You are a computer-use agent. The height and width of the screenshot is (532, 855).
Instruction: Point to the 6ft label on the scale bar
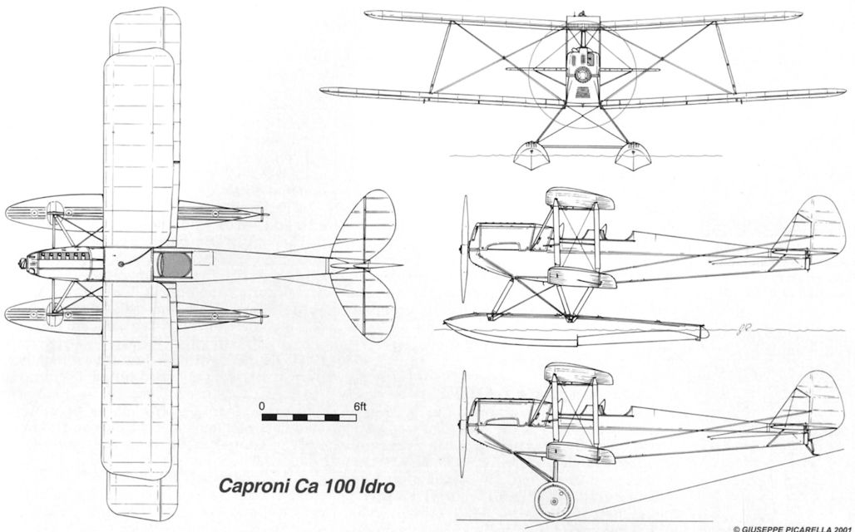(x=358, y=407)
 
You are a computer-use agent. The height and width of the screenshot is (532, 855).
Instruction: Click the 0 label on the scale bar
(x=262, y=407)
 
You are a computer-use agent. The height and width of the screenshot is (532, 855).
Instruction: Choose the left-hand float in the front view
(x=529, y=154)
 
